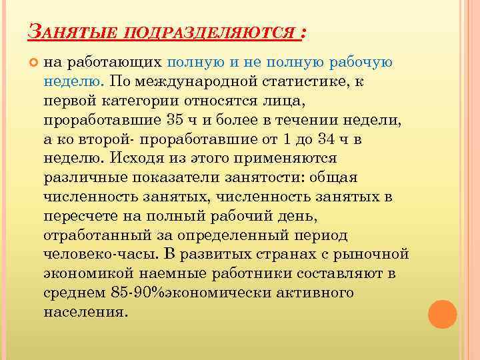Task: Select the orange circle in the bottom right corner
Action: point(441,314)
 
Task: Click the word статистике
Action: point(308,81)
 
